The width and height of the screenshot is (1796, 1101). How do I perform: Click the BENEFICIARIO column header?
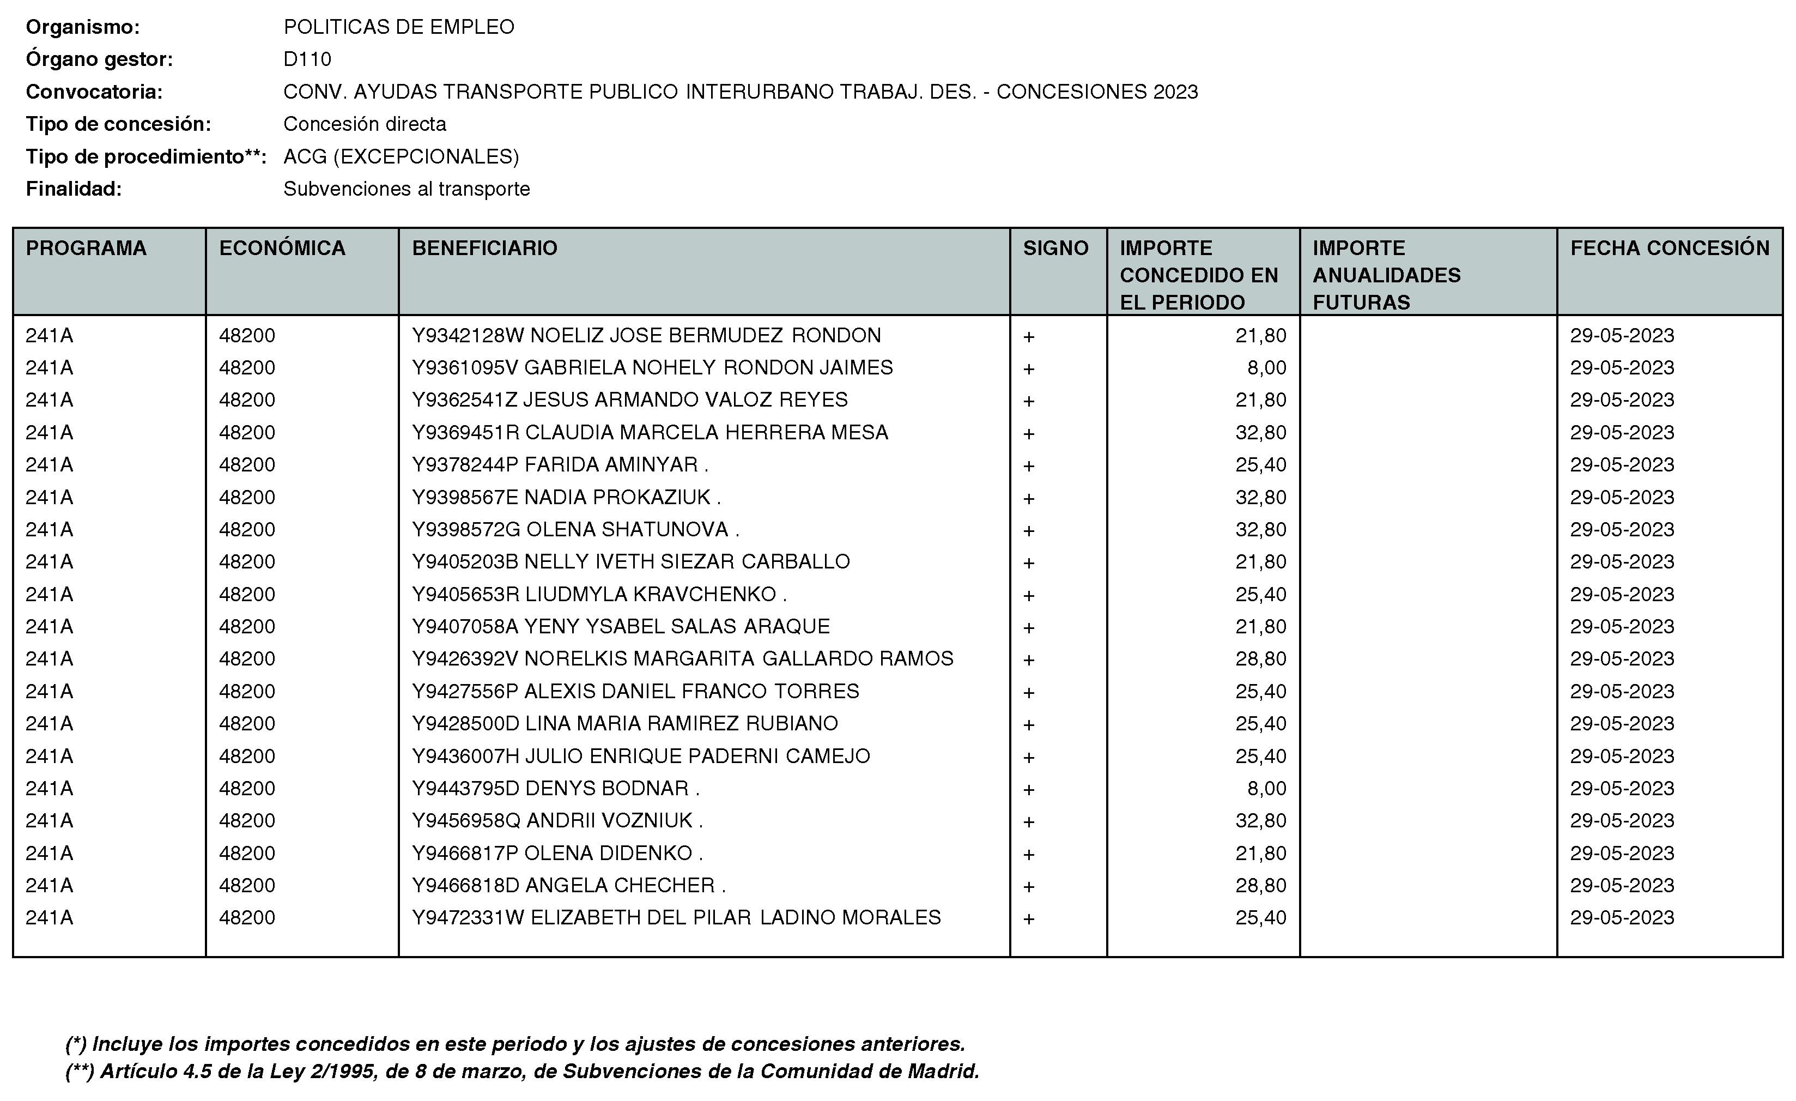485,249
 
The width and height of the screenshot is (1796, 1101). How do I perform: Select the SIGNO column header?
1055,249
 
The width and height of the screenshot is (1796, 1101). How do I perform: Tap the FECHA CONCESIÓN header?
1669,249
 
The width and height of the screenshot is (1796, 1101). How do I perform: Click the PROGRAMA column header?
86,249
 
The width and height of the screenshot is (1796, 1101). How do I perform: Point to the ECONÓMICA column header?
282,249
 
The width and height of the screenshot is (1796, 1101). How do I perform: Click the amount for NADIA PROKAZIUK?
1260,497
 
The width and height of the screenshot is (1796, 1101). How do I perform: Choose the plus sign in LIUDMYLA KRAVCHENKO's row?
1028,596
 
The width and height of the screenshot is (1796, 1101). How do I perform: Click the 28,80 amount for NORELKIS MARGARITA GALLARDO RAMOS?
1260,659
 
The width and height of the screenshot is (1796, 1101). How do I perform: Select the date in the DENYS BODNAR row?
1622,789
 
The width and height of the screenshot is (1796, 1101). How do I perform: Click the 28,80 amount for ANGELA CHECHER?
1260,886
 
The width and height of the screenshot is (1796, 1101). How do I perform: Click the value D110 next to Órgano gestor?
307,59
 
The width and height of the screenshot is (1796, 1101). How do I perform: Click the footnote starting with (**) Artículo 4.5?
522,1071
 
